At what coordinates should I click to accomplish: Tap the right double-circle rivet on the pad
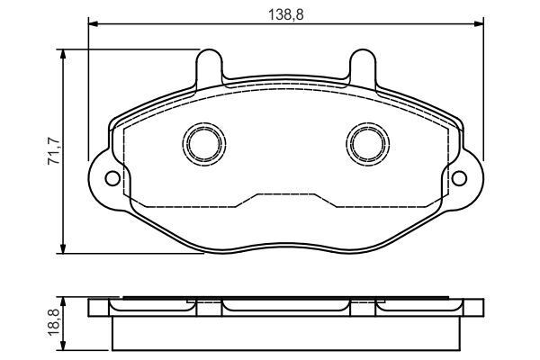tap(365, 143)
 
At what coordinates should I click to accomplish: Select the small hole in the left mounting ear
tap(112, 177)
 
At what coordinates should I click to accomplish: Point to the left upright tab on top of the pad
tap(209, 65)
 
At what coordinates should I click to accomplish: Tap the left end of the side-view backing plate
tap(97, 308)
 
